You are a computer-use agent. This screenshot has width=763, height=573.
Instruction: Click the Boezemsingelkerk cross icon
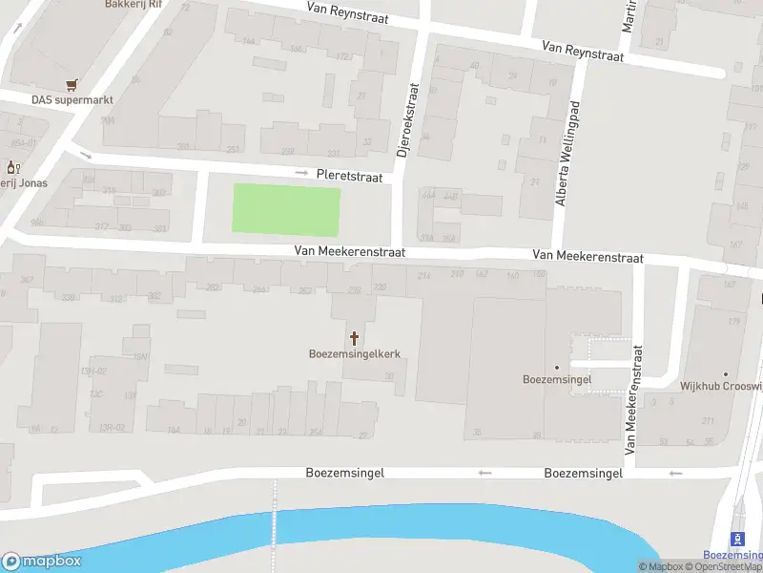pyautogui.click(x=355, y=337)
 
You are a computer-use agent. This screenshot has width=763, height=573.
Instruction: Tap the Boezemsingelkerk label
pyautogui.click(x=354, y=353)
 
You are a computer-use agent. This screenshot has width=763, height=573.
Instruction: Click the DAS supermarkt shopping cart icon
pyautogui.click(x=71, y=84)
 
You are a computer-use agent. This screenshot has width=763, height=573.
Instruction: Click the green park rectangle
pyautogui.click(x=287, y=211)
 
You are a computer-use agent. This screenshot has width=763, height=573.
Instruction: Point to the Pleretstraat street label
pyautogui.click(x=349, y=177)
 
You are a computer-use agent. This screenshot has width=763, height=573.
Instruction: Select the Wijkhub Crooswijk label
pyautogui.click(x=720, y=387)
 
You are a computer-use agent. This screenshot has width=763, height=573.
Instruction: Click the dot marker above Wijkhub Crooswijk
pyautogui.click(x=725, y=373)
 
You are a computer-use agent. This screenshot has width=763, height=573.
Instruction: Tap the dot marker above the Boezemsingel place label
pyautogui.click(x=557, y=366)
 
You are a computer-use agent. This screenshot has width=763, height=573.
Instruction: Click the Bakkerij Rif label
pyautogui.click(x=133, y=5)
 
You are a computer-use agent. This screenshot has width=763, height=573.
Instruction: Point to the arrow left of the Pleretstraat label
pyautogui.click(x=302, y=173)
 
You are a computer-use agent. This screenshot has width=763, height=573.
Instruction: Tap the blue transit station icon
pyautogui.click(x=735, y=539)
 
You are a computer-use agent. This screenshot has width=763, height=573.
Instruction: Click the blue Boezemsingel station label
pyautogui.click(x=732, y=555)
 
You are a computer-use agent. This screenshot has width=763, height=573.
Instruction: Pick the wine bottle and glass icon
pyautogui.click(x=12, y=167)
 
